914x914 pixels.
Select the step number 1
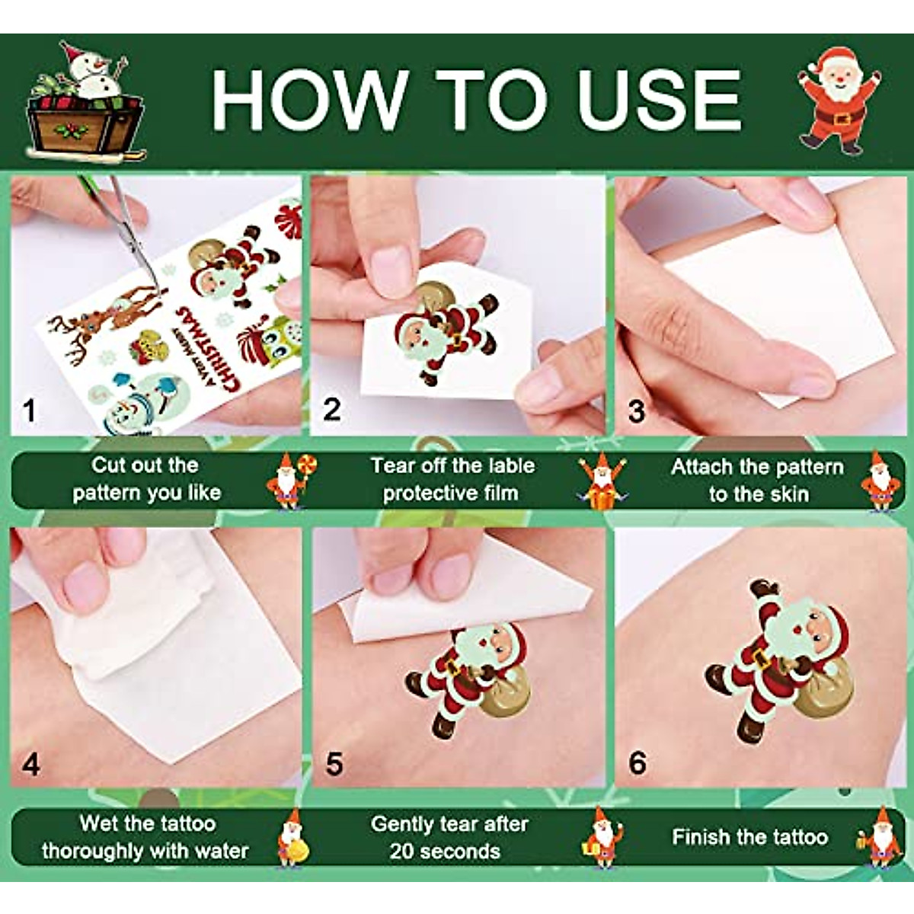(30, 411)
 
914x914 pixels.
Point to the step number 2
(331, 410)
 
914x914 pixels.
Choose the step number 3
(636, 411)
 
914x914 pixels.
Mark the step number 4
(30, 764)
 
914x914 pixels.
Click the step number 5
(334, 764)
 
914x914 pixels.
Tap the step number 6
(638, 762)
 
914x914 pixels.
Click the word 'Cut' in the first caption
(110, 465)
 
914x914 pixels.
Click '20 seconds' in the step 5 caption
(445, 852)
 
